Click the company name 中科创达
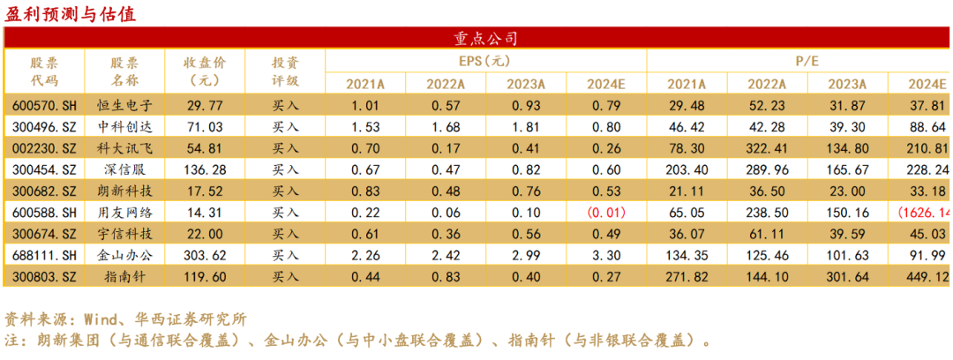pyautogui.click(x=124, y=126)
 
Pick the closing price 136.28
pyautogui.click(x=205, y=169)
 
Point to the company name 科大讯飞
pyautogui.click(x=124, y=147)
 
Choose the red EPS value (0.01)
pyautogui.click(x=607, y=212)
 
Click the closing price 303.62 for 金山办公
pyautogui.click(x=205, y=255)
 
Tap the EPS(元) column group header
pyautogui.click(x=484, y=61)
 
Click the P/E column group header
pyautogui.click(x=798, y=61)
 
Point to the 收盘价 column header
pyautogui.click(x=205, y=71)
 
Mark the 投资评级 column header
pyautogui.click(x=285, y=71)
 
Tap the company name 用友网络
pyautogui.click(x=124, y=212)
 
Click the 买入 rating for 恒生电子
pyautogui.click(x=285, y=105)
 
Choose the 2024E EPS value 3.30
pyautogui.click(x=607, y=255)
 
